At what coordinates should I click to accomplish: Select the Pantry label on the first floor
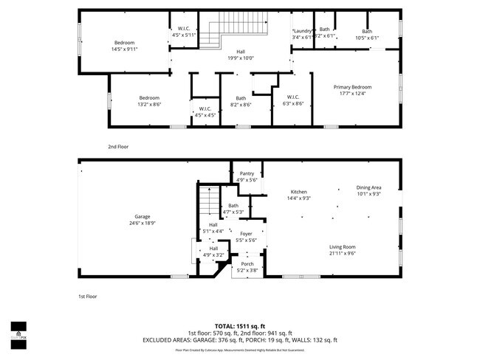coord(246,173)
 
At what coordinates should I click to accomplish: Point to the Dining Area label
coord(368,188)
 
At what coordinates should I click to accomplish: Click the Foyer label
coord(246,234)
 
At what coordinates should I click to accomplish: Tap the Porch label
coord(247,264)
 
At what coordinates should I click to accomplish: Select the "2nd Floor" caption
coord(117,147)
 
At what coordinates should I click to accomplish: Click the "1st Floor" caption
coord(88,296)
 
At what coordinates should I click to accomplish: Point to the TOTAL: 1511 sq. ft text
coord(239,325)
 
